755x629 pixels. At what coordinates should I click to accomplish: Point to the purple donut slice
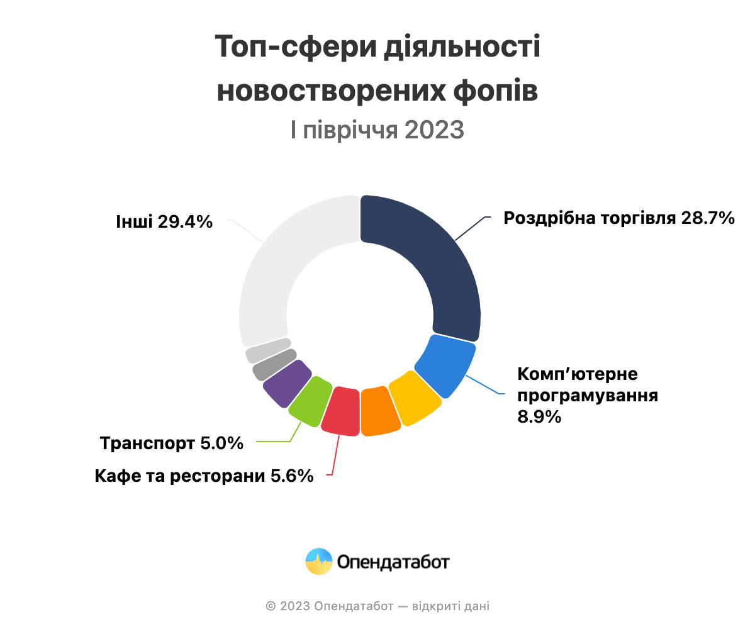287,383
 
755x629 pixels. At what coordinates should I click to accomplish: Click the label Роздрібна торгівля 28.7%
619,218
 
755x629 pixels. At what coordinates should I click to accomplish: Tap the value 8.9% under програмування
539,416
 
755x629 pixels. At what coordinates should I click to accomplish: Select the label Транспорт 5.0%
172,443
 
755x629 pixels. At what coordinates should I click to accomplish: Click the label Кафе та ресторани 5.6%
204,476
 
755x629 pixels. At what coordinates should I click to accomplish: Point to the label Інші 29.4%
164,221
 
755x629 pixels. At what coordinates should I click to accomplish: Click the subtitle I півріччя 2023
377,130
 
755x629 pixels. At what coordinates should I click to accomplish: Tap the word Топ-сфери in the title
293,48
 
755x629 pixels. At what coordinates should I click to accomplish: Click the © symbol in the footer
271,606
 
